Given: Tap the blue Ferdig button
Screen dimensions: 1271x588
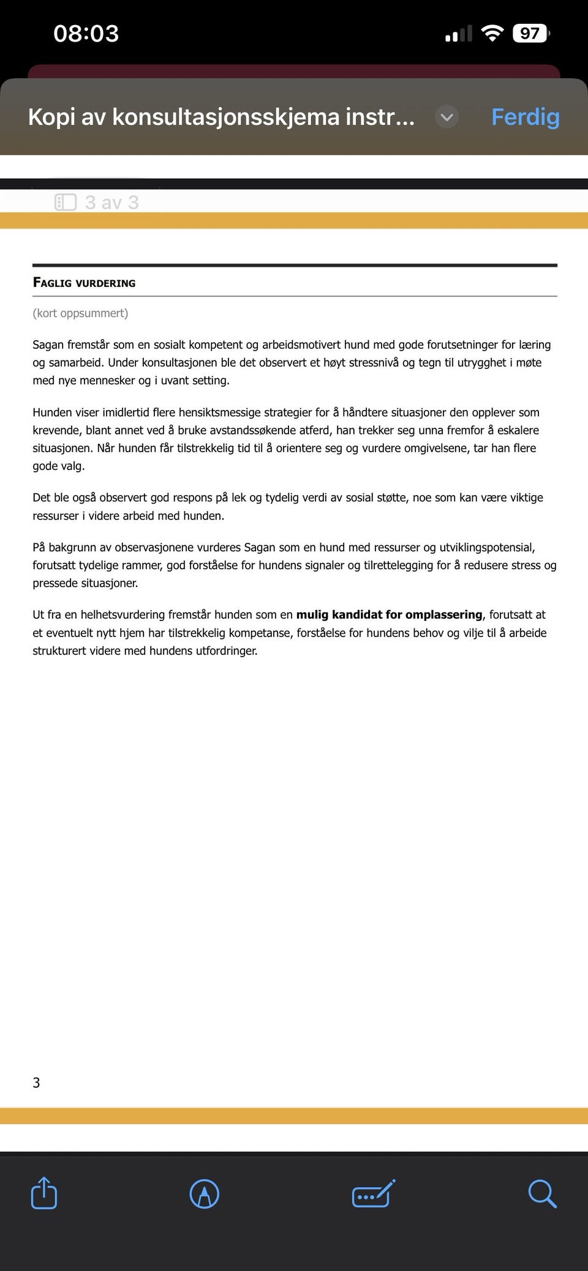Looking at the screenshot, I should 525,117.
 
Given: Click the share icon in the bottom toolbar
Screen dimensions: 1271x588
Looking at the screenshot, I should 44,1194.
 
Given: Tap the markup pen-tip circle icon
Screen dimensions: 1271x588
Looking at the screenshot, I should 205,1194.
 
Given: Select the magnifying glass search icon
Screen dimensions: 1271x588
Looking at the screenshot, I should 542,1194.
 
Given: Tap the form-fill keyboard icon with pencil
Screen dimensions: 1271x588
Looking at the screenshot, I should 374,1194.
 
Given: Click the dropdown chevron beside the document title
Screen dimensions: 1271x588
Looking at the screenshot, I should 447,117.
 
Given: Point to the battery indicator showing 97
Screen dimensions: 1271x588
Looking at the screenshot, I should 530,33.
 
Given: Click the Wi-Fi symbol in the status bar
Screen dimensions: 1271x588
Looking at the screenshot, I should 492,33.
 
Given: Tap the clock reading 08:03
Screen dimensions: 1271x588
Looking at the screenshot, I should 86,33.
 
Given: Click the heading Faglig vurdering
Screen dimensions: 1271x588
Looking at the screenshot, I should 85,283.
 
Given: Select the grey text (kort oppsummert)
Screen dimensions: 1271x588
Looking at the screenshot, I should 80,313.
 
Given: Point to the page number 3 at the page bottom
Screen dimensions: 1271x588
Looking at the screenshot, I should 36,1083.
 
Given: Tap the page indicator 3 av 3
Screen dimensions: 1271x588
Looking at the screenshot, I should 112,203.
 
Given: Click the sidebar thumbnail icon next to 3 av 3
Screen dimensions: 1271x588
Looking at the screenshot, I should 66,203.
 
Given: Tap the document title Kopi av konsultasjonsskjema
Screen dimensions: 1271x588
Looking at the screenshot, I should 221,117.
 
